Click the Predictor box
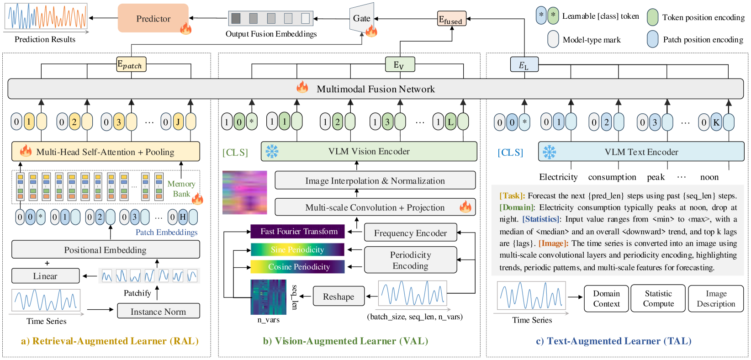(153, 18)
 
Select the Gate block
(361, 18)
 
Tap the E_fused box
(451, 19)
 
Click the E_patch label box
(132, 64)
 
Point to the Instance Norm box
(158, 311)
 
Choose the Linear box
(45, 276)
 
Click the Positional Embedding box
(106, 249)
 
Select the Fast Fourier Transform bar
(299, 232)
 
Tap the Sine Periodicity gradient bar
(297, 249)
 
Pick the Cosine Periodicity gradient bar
(297, 267)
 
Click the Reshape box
(338, 296)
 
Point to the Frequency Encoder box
(410, 233)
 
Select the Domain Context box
(606, 298)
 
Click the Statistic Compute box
(658, 298)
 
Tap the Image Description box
(716, 298)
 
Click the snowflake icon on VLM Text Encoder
(549, 152)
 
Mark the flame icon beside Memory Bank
(197, 199)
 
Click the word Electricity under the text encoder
(558, 177)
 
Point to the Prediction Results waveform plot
(46, 16)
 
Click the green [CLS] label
(235, 153)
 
